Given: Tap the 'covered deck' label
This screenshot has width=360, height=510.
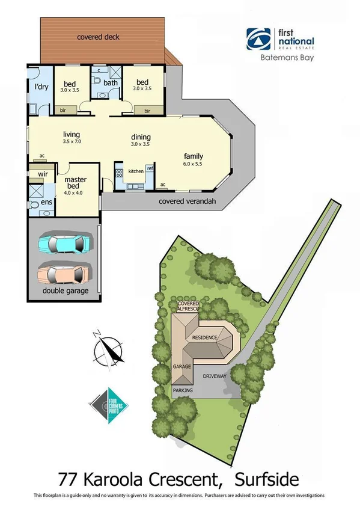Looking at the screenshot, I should pos(98,37).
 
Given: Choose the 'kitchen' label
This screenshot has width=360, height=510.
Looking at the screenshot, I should pos(136,171).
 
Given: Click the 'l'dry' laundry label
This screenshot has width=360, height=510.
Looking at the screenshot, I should pos(41,87).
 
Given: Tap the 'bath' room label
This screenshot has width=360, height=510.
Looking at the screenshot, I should pos(109,82).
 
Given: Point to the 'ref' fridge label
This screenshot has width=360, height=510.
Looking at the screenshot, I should pos(150,169).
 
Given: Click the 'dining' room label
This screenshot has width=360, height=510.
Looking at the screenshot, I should pos(141,137).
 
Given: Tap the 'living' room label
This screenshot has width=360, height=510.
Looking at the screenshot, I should pos(72,134).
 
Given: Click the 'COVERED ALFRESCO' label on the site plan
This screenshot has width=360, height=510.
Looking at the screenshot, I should pos(187,306).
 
